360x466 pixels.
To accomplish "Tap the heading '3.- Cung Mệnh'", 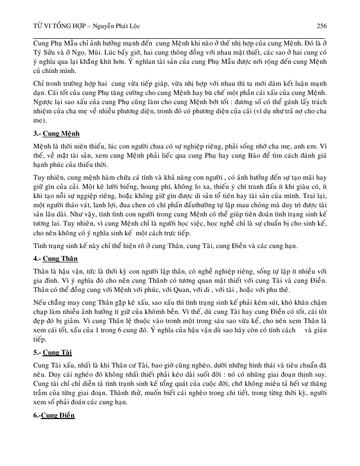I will [x=54, y=134].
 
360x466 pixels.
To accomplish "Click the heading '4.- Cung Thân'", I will [x=52, y=258].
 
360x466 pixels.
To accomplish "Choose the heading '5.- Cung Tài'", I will [x=50, y=353].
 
